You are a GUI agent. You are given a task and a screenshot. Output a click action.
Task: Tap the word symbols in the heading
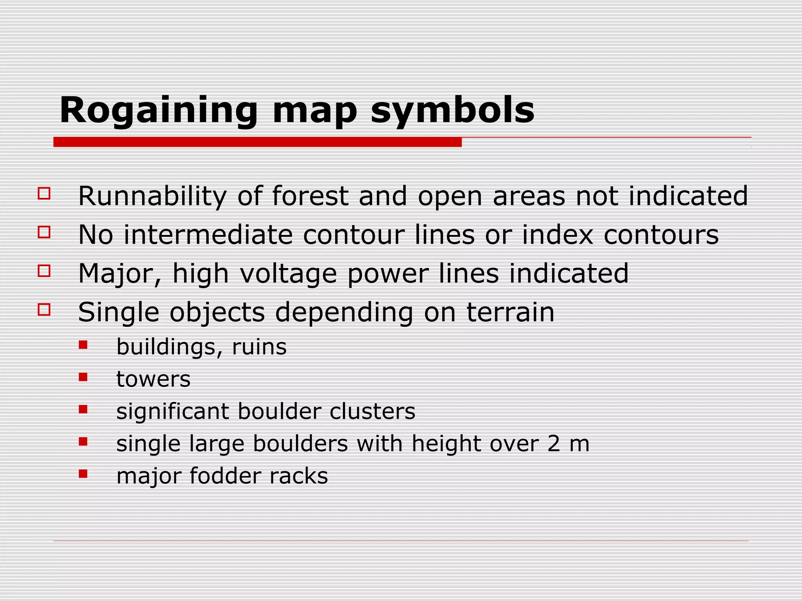point(452,111)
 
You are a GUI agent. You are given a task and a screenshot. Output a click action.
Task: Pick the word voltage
point(288,274)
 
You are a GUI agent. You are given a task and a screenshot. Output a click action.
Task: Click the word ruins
point(259,347)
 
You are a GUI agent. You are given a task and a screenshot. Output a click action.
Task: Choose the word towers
point(154,379)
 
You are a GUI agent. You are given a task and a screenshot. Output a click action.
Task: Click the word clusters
point(372,412)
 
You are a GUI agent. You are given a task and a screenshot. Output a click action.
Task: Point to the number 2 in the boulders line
point(554,444)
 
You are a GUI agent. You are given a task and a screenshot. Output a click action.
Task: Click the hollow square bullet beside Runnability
point(44,194)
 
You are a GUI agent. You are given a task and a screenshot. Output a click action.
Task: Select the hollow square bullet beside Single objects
point(44,309)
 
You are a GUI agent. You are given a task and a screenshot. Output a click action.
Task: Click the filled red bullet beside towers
point(83,377)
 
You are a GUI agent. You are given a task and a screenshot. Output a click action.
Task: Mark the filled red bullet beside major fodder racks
point(83,474)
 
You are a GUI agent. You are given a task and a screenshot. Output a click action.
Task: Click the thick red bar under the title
point(257,142)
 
